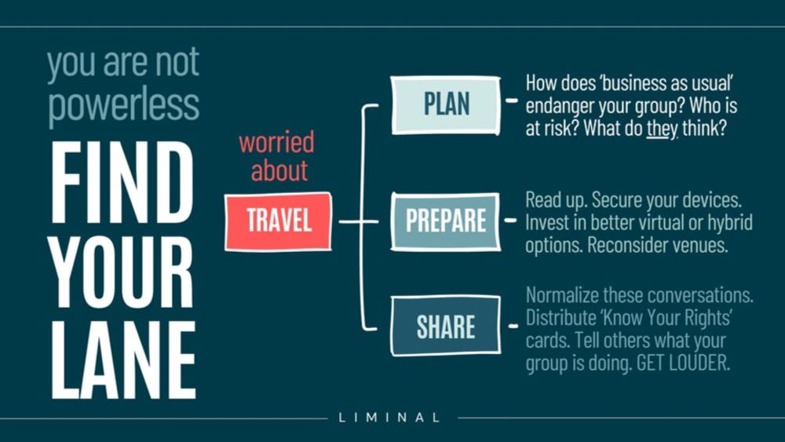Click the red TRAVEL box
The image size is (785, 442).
(279, 221)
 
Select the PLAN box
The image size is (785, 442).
(446, 105)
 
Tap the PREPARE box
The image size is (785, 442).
(446, 221)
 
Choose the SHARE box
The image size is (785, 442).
(446, 326)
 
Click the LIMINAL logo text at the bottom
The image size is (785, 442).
(389, 417)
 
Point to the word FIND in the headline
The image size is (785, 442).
(122, 183)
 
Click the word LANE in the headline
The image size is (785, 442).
(123, 360)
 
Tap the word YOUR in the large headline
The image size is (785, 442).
(122, 272)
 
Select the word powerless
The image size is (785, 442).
(123, 105)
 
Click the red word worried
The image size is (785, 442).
(277, 142)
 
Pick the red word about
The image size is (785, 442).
(279, 170)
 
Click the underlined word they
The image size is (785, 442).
(662, 129)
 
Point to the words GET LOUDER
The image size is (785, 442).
(683, 363)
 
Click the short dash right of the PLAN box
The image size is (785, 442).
(512, 100)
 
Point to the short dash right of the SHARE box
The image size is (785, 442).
(513, 327)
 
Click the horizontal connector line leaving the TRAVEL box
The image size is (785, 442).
(359, 221)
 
